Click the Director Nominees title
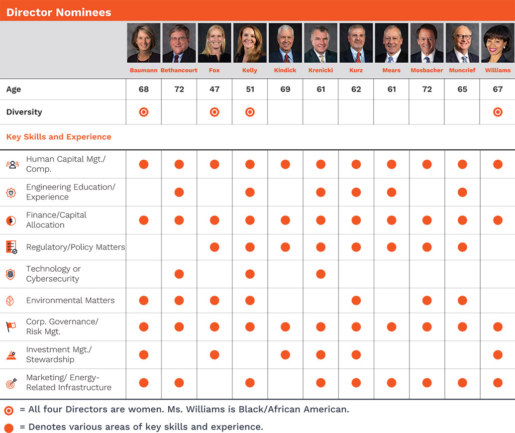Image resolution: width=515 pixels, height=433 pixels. pos(59,12)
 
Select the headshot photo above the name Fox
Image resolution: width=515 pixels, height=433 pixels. pos(214,43)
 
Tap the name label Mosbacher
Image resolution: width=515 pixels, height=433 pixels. pos(426,71)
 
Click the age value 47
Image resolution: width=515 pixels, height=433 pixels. pos(214,90)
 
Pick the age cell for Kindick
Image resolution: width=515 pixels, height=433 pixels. pos(285,90)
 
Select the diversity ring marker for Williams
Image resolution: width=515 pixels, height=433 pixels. pos(498,112)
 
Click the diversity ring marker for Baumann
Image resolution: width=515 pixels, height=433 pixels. pos(144,112)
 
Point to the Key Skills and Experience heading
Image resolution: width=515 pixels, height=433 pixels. pos(59,137)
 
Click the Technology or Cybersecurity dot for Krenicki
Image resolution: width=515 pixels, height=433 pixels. pos(321,274)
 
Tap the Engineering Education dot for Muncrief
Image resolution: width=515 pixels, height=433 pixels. pos(462,192)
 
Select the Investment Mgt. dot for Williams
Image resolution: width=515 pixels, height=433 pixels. pos(498,354)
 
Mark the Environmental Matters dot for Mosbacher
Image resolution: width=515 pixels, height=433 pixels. pos(427,300)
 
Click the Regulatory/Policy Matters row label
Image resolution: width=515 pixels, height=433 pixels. pos(76,247)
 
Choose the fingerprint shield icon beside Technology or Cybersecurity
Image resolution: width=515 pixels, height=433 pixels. pos(11,274)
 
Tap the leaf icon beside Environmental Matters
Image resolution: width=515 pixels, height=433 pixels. pos(11,301)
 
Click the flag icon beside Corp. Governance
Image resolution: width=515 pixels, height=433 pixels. pos(11,327)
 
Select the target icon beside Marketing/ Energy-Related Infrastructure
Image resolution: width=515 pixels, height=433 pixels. pos(11,383)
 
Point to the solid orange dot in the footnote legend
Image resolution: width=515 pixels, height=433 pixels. pos(9,428)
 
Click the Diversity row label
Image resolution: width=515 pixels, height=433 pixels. pos(24,112)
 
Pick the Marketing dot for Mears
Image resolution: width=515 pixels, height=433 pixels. pos(392,383)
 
